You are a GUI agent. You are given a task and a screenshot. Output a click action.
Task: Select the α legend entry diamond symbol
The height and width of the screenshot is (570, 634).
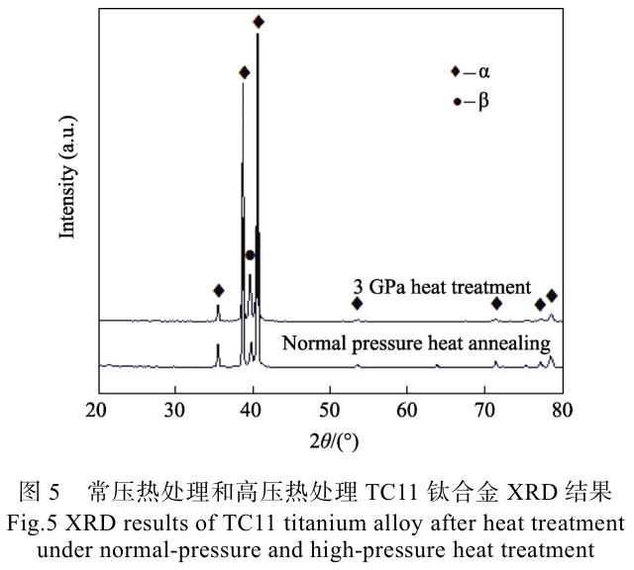455,71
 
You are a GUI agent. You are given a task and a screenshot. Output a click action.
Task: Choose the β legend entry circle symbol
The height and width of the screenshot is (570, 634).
455,101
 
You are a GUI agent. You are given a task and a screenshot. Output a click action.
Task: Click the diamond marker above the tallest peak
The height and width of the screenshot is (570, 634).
259,22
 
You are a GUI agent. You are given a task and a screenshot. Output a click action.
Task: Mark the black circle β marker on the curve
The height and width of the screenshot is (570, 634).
251,255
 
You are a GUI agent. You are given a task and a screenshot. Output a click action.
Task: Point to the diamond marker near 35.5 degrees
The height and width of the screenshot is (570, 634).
218,291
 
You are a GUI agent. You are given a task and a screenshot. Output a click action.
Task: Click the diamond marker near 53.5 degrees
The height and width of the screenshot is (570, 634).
357,303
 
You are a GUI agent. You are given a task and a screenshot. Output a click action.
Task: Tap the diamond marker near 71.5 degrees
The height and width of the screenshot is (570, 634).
496,303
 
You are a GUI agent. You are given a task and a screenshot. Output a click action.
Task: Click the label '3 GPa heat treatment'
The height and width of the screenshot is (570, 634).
443,285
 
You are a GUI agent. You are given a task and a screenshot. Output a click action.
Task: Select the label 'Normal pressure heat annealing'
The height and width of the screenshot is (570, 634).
416,344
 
